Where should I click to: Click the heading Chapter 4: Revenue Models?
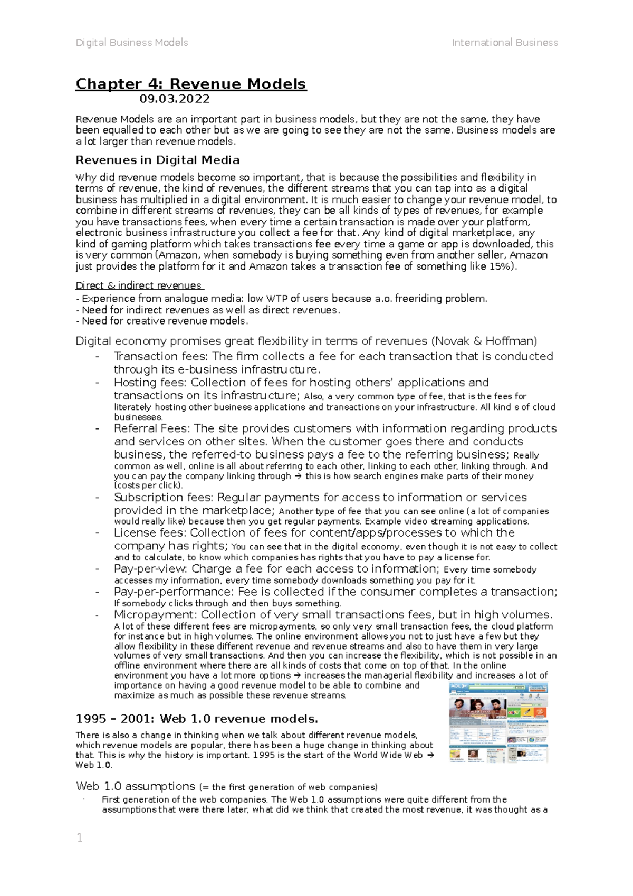(190, 84)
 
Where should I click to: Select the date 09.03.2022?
(175, 99)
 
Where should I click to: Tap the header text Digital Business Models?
(132, 43)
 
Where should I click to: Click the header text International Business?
(504, 43)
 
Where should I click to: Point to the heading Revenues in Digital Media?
(158, 160)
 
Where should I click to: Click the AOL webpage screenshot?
(498, 722)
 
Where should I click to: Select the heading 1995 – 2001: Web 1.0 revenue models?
(197, 719)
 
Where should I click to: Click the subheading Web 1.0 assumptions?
(136, 786)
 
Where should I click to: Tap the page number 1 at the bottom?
(80, 837)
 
